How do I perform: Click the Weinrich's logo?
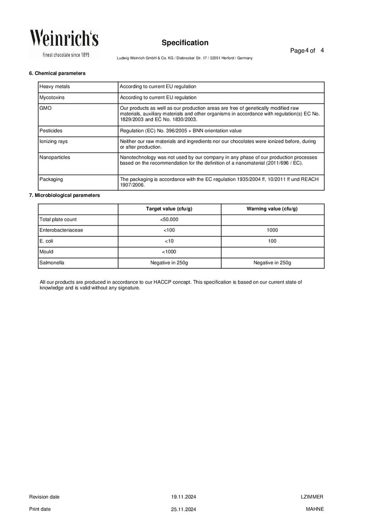tap(64, 44)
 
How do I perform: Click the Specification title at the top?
tap(185, 42)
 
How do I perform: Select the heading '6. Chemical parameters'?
tap(58, 73)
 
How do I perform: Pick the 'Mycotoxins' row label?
tap(52, 97)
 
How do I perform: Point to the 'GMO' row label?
tap(45, 108)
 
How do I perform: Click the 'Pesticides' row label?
tap(51, 131)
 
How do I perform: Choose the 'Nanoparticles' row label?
tap(55, 156)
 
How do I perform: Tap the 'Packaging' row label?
tap(51, 179)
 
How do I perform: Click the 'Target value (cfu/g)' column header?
tap(169, 208)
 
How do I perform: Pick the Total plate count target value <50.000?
tap(169, 219)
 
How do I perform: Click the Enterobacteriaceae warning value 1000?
tap(272, 230)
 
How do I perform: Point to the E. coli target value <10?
tap(169, 241)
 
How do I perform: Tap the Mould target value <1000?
tap(169, 252)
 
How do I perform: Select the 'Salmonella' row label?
tap(52, 263)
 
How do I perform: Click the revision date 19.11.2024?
tap(184, 496)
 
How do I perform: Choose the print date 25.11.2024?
tap(184, 509)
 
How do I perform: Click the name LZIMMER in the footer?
tap(312, 496)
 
